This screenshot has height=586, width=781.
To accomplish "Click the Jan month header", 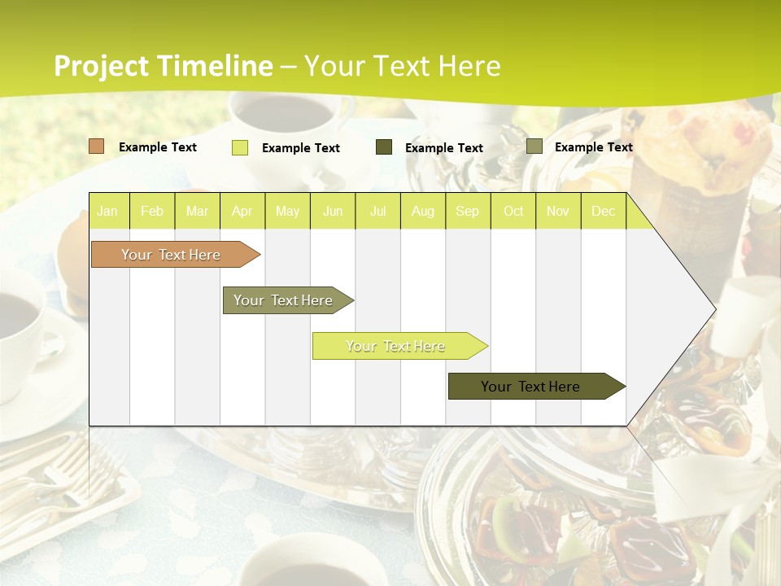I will pyautogui.click(x=107, y=212).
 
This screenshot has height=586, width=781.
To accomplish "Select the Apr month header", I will pyautogui.click(x=242, y=212).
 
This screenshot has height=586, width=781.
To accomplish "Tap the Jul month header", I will pyautogui.click(x=377, y=212).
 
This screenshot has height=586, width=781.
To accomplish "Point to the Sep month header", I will pyautogui.click(x=467, y=212).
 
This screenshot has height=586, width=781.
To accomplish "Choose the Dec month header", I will pyautogui.click(x=603, y=212).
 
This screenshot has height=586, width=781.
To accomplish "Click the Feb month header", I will pyautogui.click(x=152, y=212).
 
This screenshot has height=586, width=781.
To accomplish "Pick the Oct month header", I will pyautogui.click(x=513, y=212).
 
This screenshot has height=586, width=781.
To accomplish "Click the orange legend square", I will pyautogui.click(x=97, y=146).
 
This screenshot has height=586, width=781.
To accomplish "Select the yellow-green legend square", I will pyautogui.click(x=240, y=147).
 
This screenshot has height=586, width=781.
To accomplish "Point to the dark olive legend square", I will pyautogui.click(x=384, y=147).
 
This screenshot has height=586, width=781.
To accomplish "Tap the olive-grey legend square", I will pyautogui.click(x=534, y=146).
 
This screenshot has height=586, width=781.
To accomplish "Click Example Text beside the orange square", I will pyautogui.click(x=158, y=147).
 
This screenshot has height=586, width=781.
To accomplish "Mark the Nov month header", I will pyautogui.click(x=558, y=212).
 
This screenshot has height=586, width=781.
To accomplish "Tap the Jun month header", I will pyautogui.click(x=333, y=212).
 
